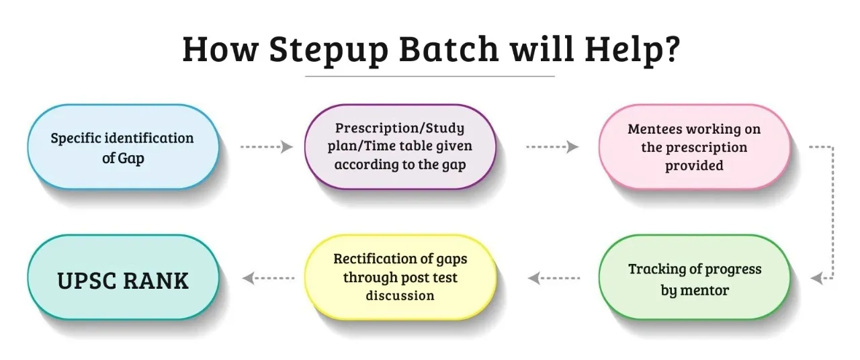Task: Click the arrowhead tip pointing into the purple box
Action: (294, 146)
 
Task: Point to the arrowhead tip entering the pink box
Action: (579, 146)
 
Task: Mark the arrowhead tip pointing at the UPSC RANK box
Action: (243, 278)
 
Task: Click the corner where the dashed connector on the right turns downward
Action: (832, 146)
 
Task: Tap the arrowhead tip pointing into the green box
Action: (810, 278)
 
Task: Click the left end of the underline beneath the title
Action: (305, 77)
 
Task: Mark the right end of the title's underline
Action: (555, 77)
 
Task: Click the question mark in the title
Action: (672, 49)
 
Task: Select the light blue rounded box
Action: (123, 146)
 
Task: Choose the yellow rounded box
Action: (400, 277)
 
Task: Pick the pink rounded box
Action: (695, 146)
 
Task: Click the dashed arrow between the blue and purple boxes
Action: (267, 146)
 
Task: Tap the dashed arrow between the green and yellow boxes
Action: (554, 278)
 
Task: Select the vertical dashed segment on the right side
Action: (832, 212)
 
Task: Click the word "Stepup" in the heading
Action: (329, 50)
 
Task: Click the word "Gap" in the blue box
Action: (131, 159)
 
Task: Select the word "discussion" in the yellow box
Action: (400, 296)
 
